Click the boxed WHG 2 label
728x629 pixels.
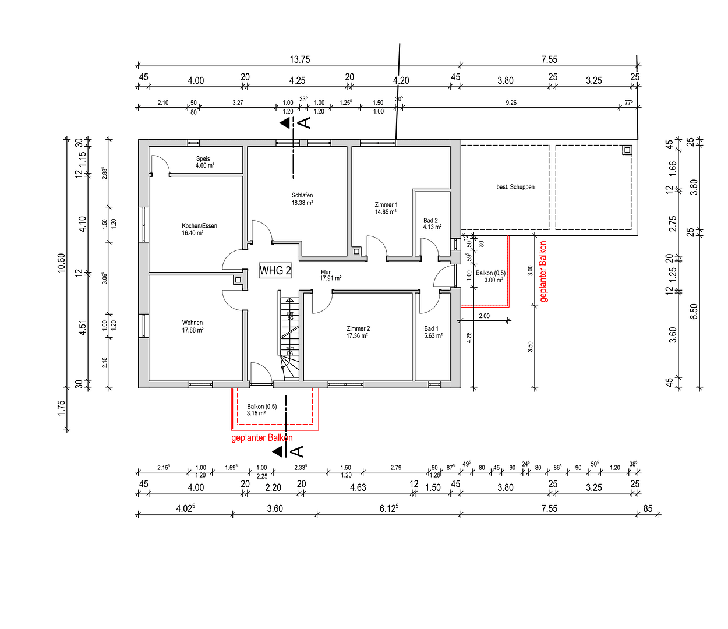pos(275,271)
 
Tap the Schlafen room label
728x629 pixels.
pos(302,199)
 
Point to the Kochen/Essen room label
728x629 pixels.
pos(199,229)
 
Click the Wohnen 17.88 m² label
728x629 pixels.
pos(193,326)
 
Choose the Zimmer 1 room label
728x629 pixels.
pos(386,209)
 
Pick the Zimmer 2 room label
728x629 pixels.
pos(358,332)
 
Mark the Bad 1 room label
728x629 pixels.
pos(433,332)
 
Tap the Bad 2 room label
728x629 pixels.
pos(432,224)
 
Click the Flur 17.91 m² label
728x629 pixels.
pos(330,275)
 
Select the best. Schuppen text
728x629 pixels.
pos(515,187)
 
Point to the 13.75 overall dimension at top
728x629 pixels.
pos(299,59)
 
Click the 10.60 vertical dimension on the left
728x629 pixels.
pos(62,263)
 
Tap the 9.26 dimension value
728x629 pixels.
pos(511,103)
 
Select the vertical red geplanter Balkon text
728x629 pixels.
pos(543,271)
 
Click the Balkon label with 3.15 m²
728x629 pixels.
pos(261,410)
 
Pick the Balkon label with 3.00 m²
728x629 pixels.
pos(490,277)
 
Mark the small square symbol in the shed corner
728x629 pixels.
pos(627,150)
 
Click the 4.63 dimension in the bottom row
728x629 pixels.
pos(358,487)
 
